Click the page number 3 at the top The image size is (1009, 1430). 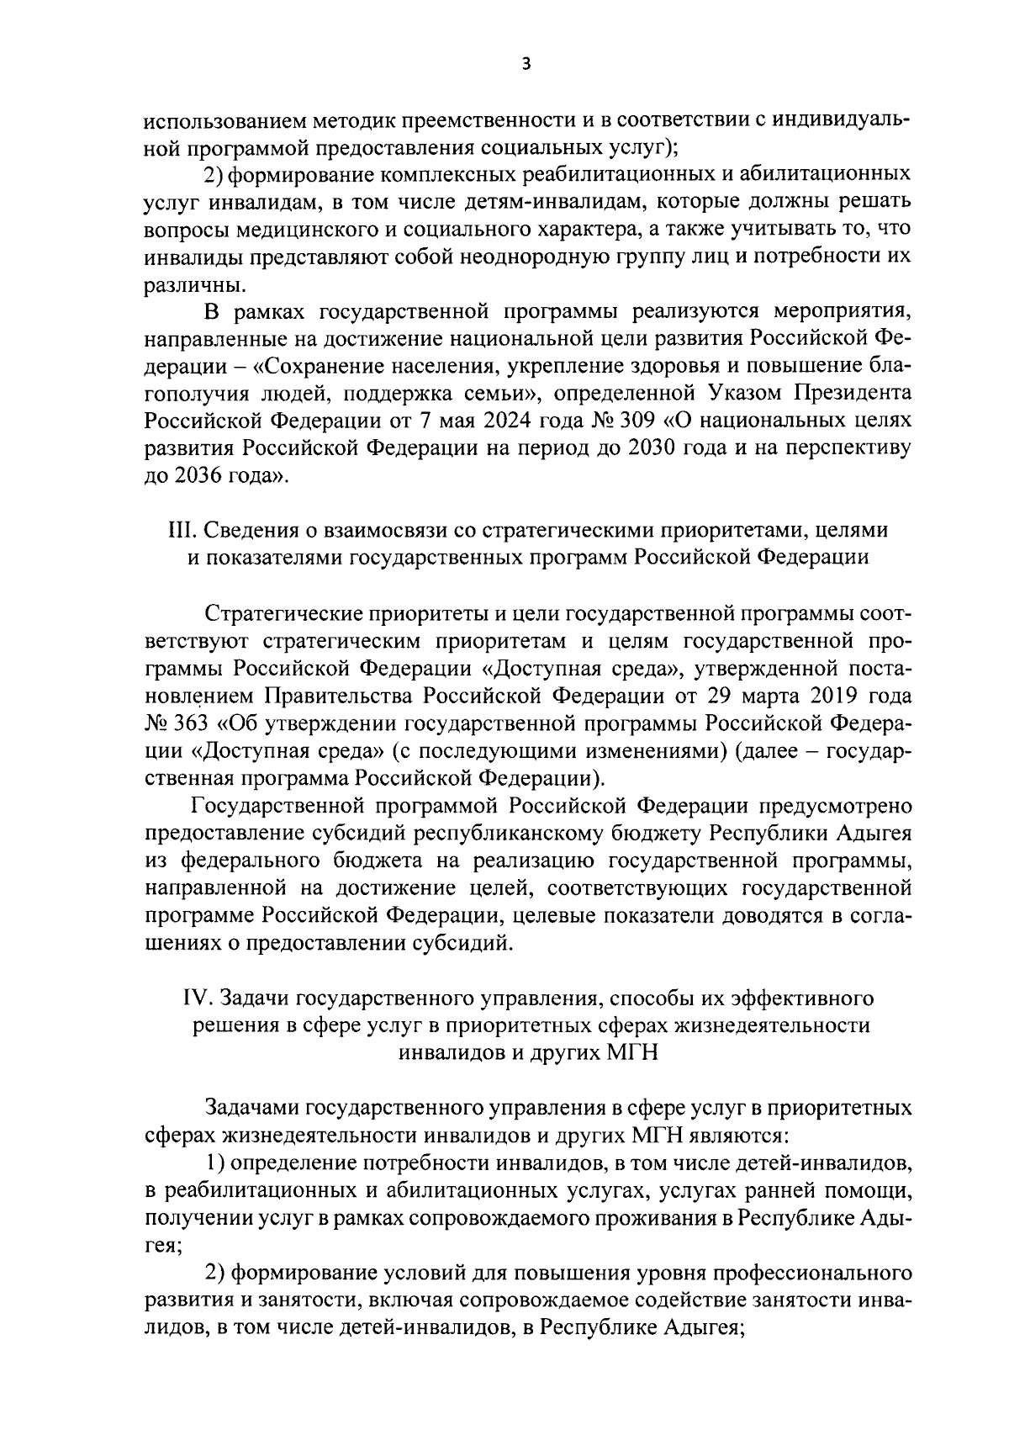tap(526, 64)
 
